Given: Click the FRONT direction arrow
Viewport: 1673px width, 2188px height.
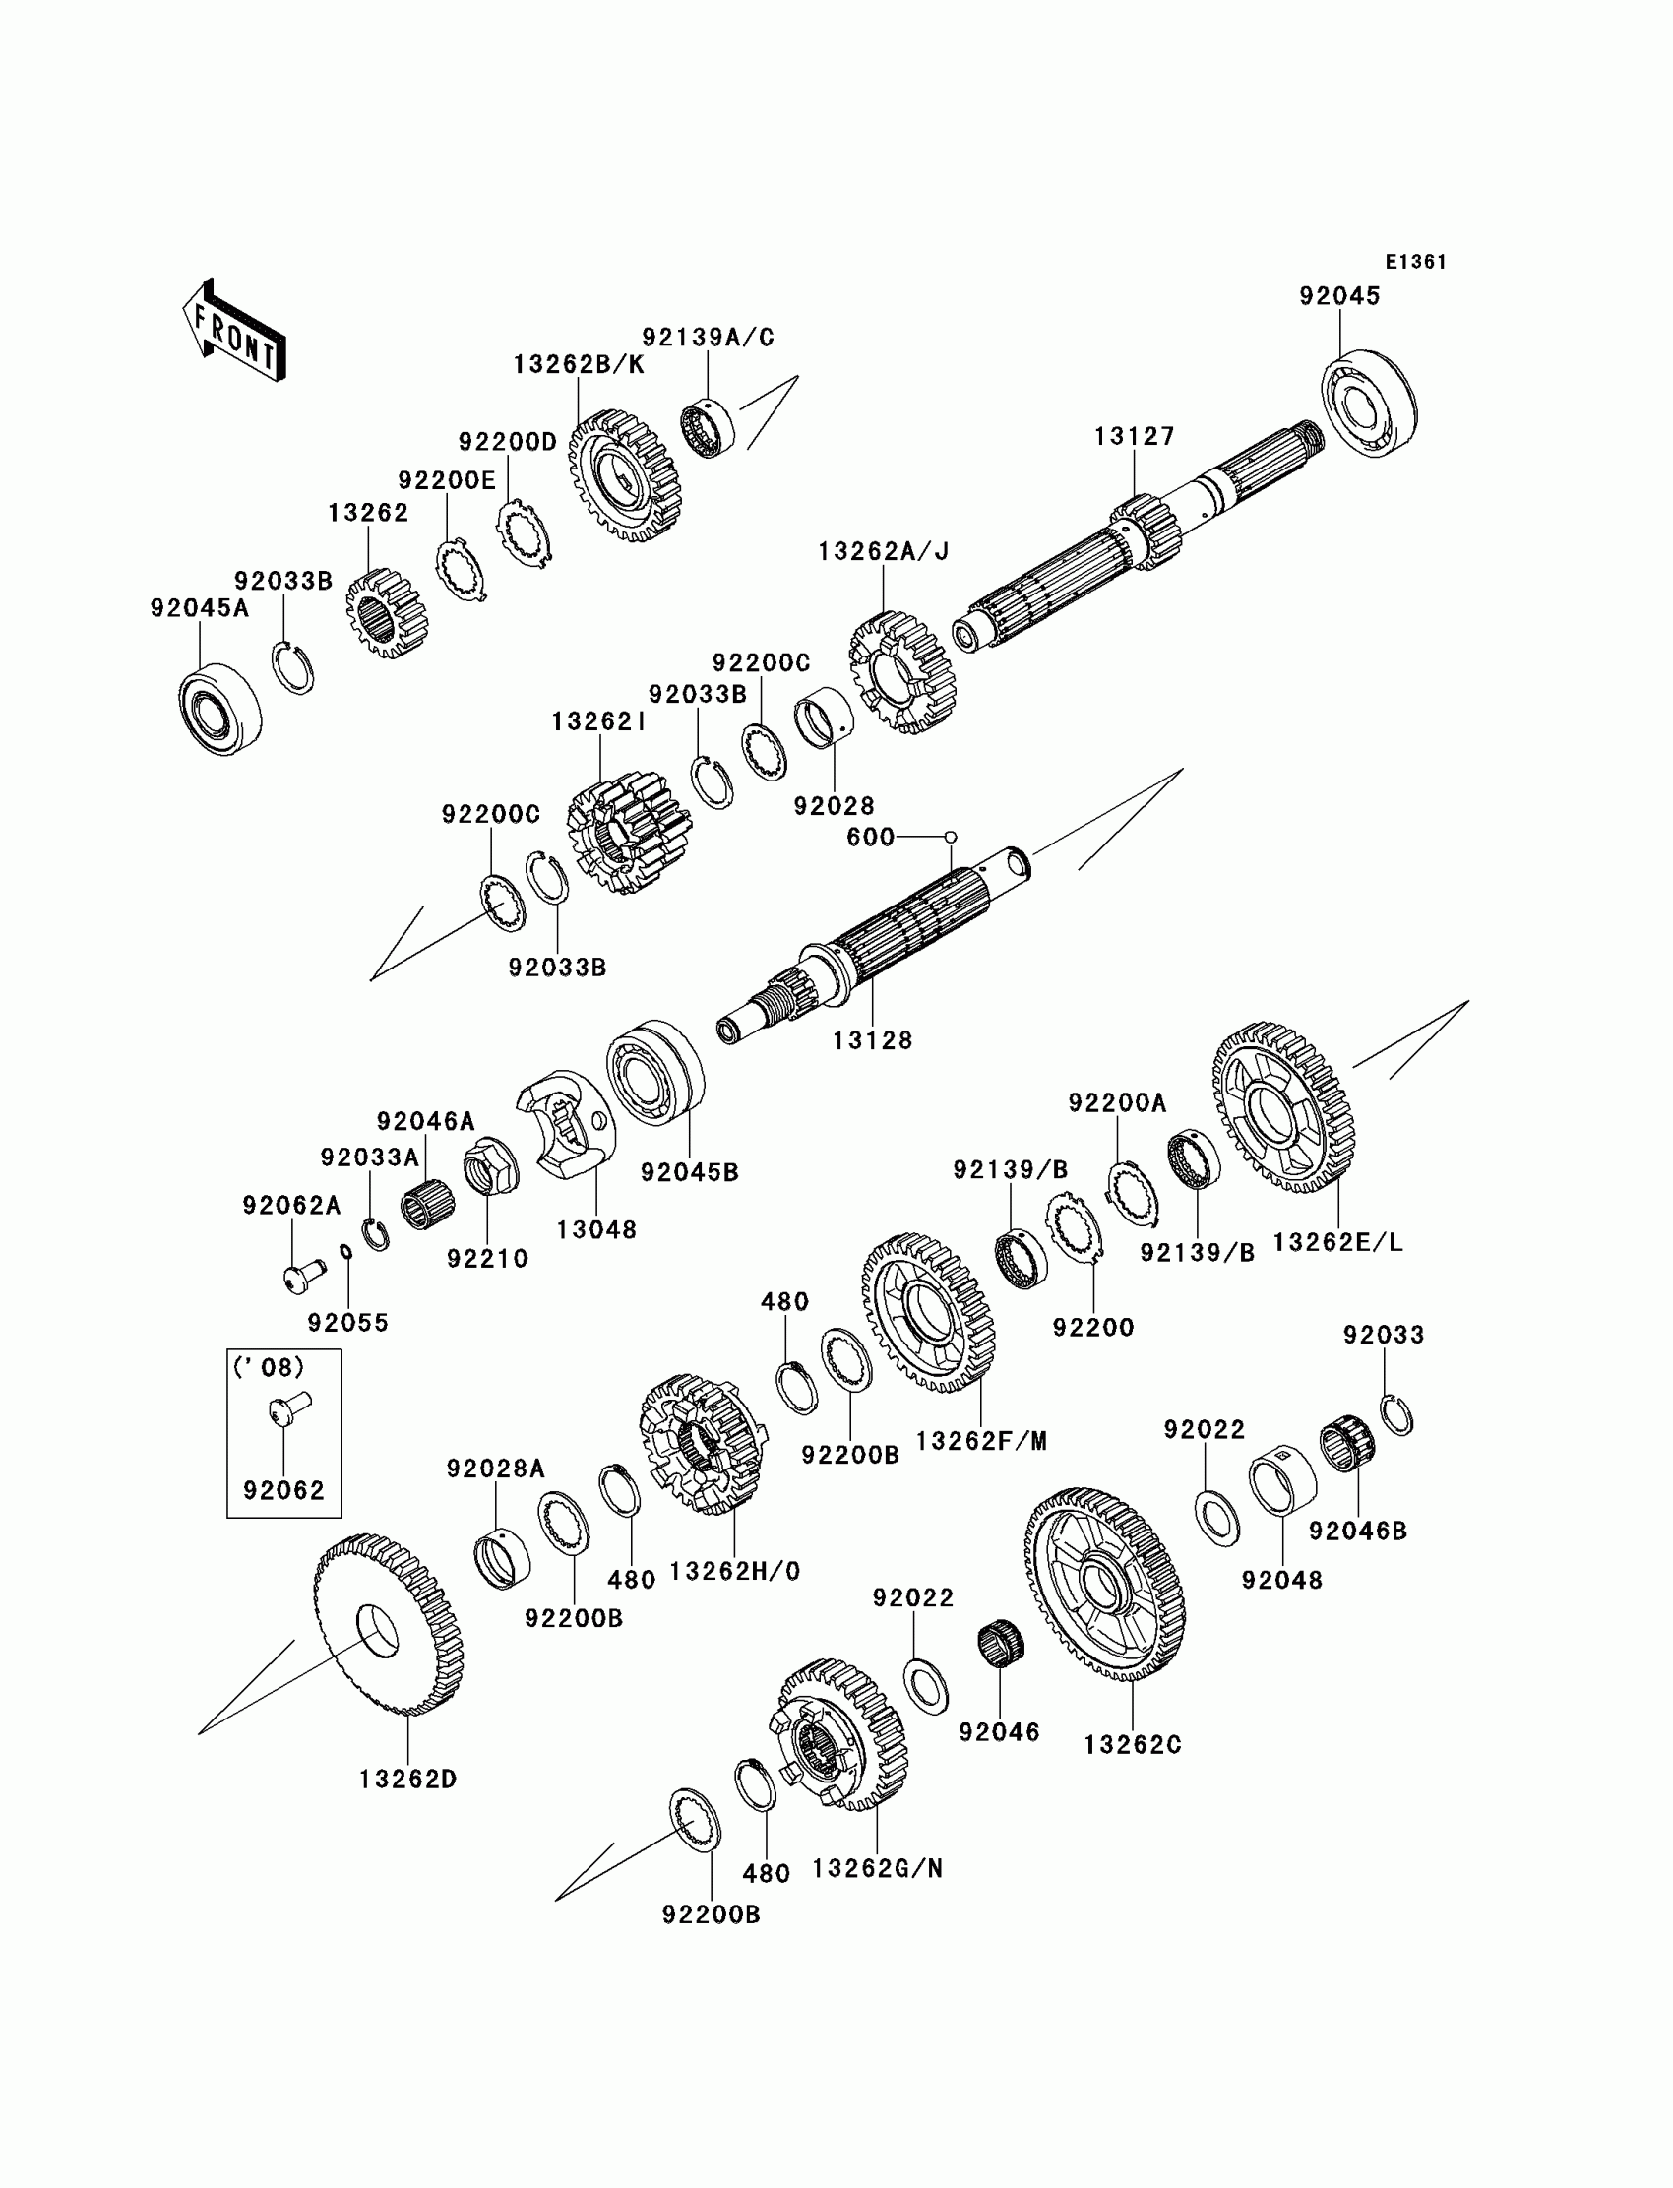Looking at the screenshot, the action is (234, 331).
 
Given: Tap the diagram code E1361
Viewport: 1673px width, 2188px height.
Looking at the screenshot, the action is (1416, 262).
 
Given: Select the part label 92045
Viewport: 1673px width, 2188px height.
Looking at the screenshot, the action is (1339, 297).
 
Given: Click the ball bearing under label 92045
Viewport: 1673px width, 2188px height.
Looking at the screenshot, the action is (1369, 405).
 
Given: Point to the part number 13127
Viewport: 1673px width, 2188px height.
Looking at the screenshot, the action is (1135, 436).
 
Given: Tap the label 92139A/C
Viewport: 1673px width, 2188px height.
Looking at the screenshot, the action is (708, 337).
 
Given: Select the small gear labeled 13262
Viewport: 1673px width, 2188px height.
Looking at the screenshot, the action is (387, 613).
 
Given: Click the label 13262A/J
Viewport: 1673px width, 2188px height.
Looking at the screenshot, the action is (884, 552).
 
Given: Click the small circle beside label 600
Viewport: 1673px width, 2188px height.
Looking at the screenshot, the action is (950, 837).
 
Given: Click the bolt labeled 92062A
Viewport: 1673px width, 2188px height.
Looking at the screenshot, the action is (303, 1275).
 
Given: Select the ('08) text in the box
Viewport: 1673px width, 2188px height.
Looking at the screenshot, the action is (269, 1367).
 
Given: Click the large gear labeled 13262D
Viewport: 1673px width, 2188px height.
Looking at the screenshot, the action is (388, 1625).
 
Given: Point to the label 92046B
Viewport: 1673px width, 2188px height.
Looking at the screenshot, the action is (1357, 1531).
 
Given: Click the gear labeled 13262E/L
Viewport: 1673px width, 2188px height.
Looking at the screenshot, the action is (1282, 1107).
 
